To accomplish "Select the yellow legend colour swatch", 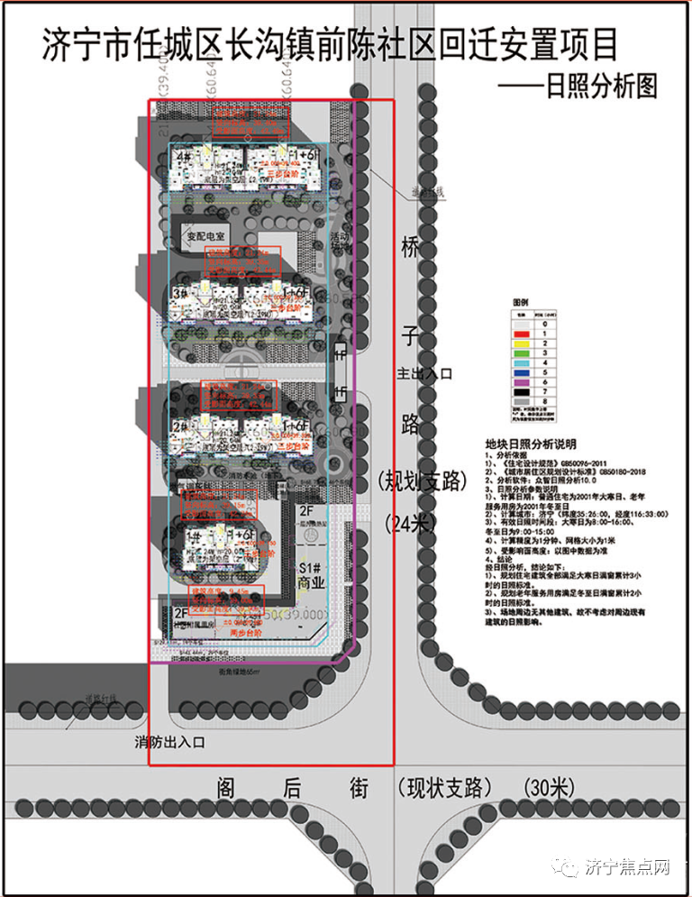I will pyautogui.click(x=522, y=343).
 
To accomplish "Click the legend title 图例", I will pyautogui.click(x=522, y=301).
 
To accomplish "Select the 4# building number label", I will pyautogui.click(x=184, y=156).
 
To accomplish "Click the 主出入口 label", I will pyautogui.click(x=423, y=371).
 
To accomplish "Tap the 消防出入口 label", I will pyautogui.click(x=170, y=743).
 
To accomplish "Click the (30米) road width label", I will pyautogui.click(x=548, y=788).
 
